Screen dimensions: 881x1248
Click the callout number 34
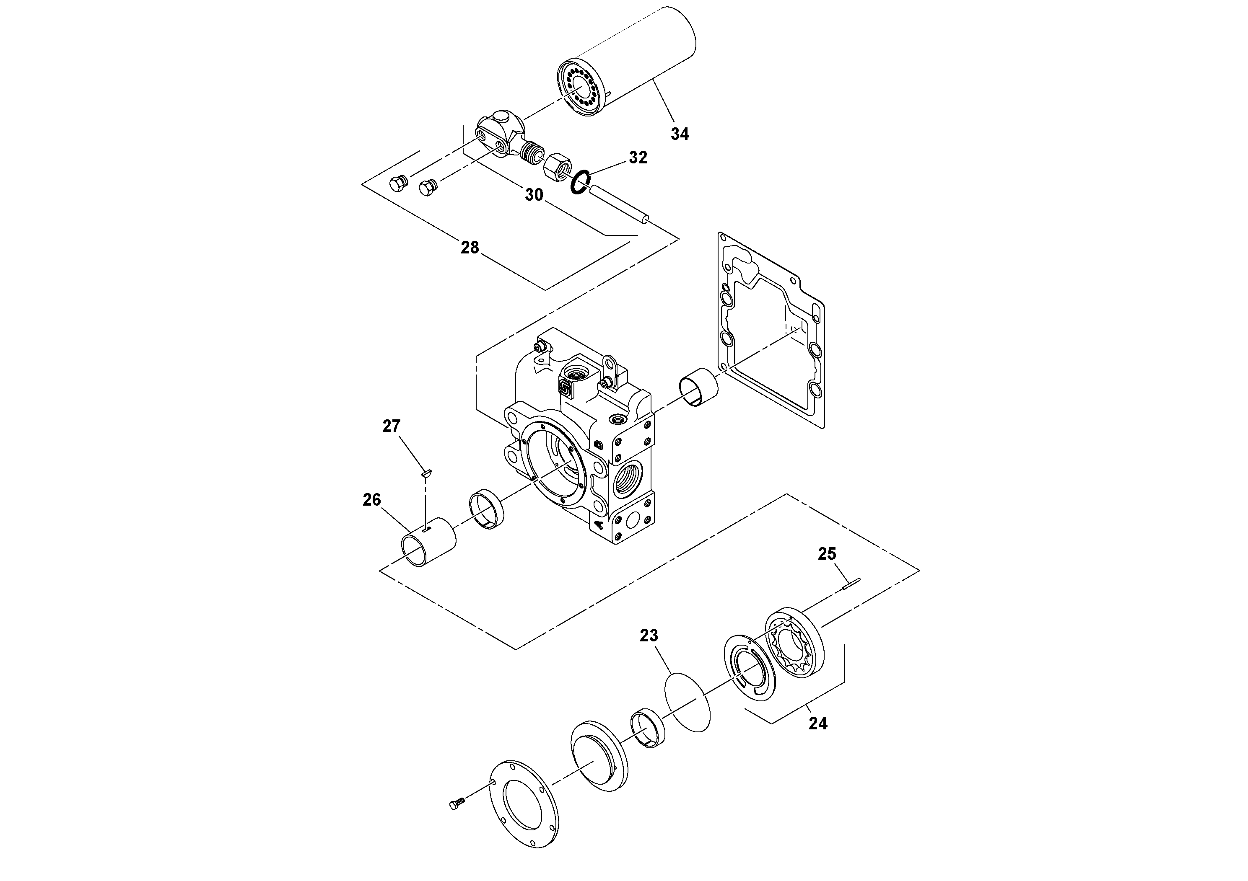680,134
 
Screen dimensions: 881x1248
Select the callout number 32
638,158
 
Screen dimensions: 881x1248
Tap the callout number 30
534,195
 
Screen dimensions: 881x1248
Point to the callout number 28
470,248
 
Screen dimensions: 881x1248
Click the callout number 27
392,426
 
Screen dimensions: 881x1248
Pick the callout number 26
372,500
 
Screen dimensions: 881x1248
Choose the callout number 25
827,554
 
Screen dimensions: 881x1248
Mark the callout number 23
649,635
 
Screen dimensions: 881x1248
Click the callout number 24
817,723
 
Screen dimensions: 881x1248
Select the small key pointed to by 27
426,474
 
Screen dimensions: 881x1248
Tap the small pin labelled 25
851,584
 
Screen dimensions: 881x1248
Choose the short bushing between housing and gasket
698,387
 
